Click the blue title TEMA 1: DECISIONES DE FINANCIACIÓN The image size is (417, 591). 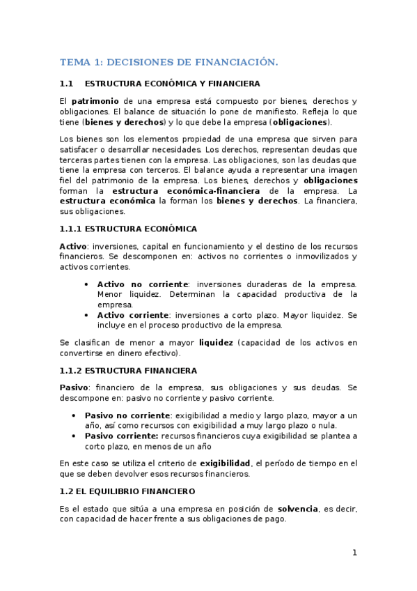[x=168, y=62]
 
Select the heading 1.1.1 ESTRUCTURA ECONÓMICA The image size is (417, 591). [x=129, y=229]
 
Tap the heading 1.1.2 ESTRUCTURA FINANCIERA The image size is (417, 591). [x=129, y=370]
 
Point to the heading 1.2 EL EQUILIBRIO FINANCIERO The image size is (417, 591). [x=127, y=491]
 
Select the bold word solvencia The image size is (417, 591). [x=298, y=509]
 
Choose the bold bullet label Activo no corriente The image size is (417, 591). [x=143, y=284]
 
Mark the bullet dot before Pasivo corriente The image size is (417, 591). [x=74, y=436]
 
